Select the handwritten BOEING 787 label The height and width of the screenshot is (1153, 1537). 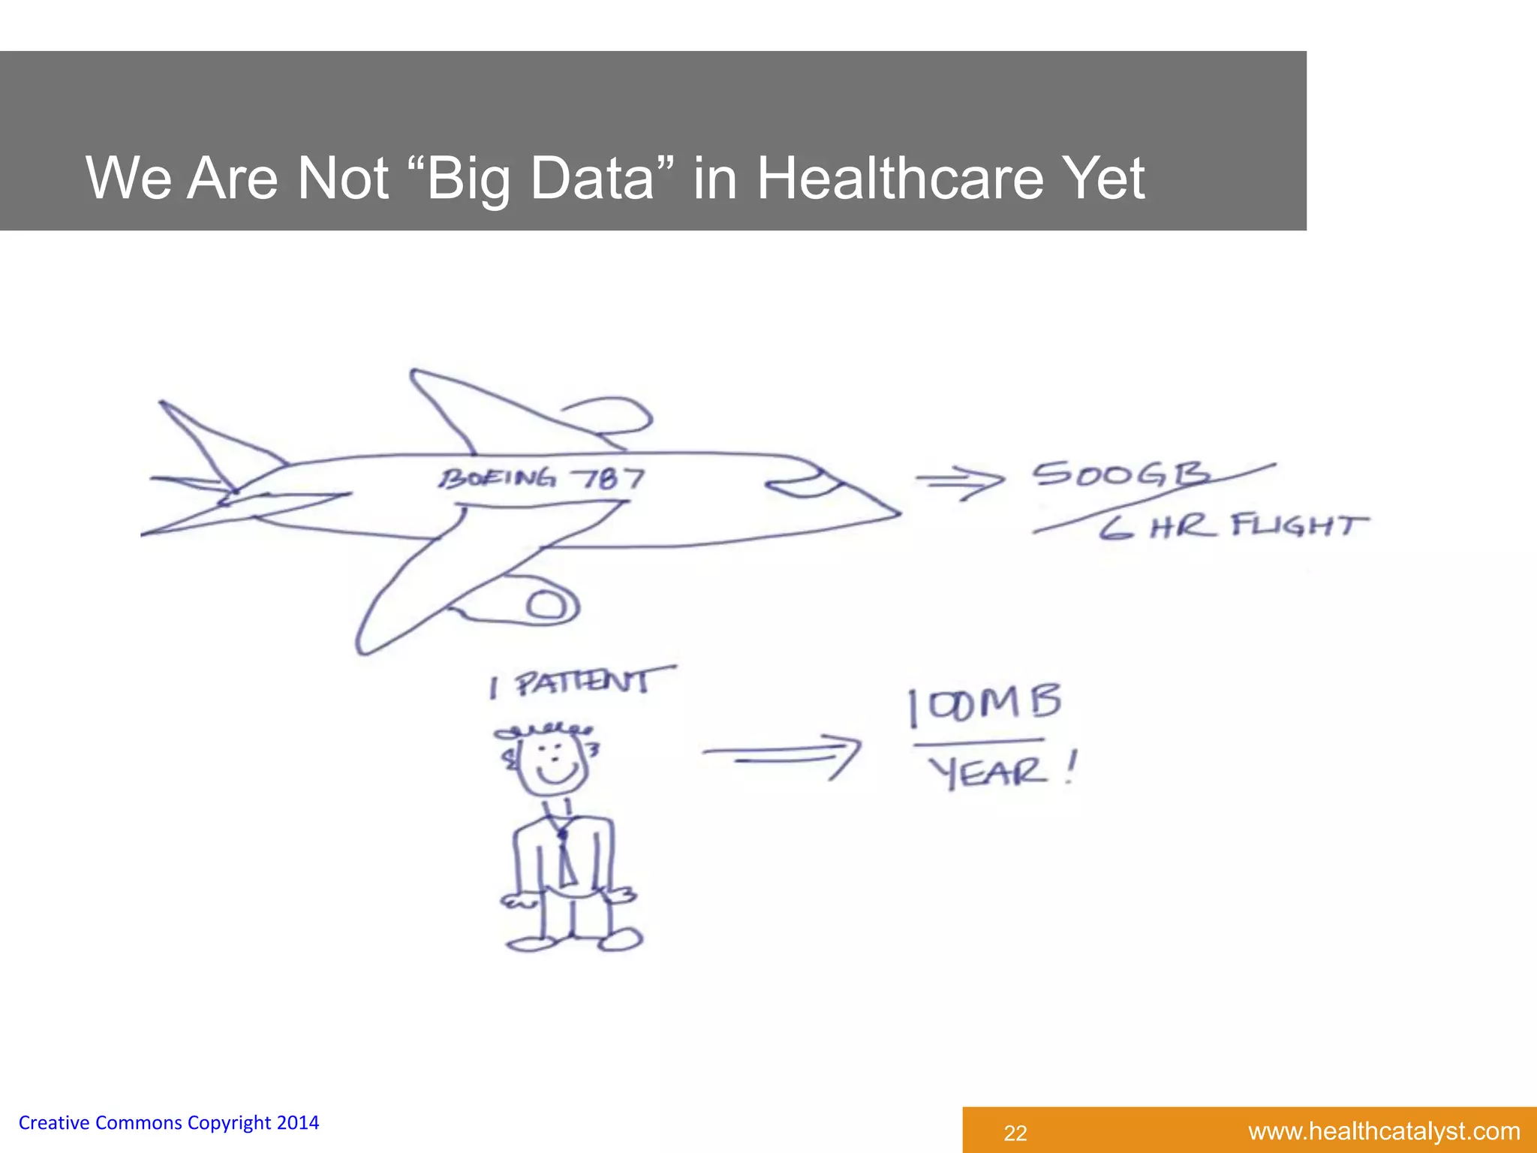click(541, 478)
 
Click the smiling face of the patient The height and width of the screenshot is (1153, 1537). click(555, 761)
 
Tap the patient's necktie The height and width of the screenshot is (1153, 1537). click(564, 856)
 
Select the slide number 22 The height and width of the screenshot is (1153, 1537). click(1015, 1133)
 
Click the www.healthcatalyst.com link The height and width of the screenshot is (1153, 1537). click(1384, 1131)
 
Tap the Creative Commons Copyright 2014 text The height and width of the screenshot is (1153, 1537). click(169, 1122)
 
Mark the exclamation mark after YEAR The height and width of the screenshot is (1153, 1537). click(1070, 769)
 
